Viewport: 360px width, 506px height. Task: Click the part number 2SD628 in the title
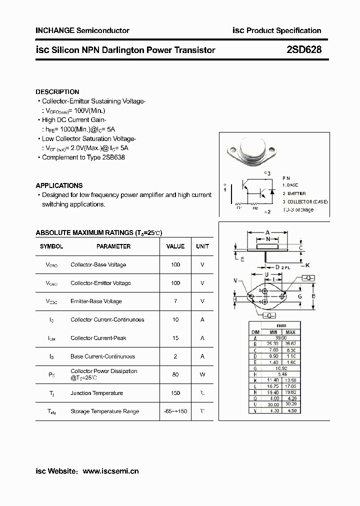coord(304,49)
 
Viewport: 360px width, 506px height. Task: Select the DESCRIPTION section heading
coord(57,92)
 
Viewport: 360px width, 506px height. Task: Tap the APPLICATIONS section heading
coord(59,185)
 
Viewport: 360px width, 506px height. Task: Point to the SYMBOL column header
coord(51,246)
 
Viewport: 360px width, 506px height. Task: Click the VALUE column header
coord(175,246)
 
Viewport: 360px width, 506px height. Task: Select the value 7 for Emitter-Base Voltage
coord(175,301)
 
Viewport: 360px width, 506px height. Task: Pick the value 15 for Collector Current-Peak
coord(175,338)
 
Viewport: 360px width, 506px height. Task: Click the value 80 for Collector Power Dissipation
coord(175,374)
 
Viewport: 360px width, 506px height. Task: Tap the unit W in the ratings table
coord(202,374)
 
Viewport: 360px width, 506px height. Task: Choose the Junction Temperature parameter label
coord(96,393)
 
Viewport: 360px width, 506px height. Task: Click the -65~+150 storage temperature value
coord(175,411)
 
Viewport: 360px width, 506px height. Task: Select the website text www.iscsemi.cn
coord(110,471)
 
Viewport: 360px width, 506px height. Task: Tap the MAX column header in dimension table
coord(290,332)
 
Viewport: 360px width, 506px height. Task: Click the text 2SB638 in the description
coord(113,157)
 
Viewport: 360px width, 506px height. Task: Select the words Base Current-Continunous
coord(103,356)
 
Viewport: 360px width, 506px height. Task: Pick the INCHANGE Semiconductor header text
coord(82,30)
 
